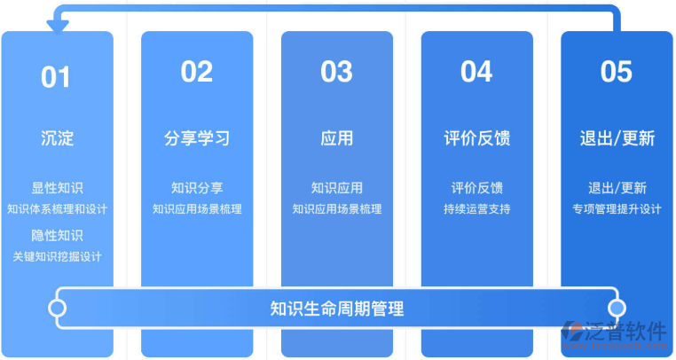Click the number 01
tap(55, 77)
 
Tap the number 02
tap(196, 72)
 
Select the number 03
tap(336, 72)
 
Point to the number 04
tap(476, 72)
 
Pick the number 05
tap(617, 72)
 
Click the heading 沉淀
tap(57, 138)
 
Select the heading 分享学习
tap(197, 138)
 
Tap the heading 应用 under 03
tap(336, 138)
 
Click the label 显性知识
tap(57, 188)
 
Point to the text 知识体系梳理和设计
tap(57, 209)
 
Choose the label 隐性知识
tap(57, 235)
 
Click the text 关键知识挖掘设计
tap(57, 256)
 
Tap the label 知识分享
tap(197, 188)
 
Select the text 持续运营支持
tap(476, 209)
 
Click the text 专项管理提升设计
tap(617, 209)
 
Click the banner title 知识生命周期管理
tap(337, 309)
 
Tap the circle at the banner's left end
tap(58, 309)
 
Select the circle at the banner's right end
tap(617, 309)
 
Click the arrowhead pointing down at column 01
tap(58, 27)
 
